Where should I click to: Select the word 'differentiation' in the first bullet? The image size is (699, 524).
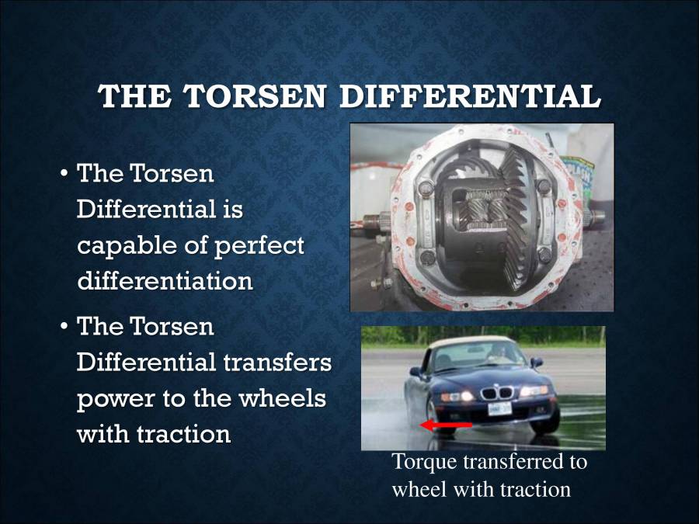(x=165, y=279)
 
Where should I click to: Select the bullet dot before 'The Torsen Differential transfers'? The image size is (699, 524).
(x=65, y=327)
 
